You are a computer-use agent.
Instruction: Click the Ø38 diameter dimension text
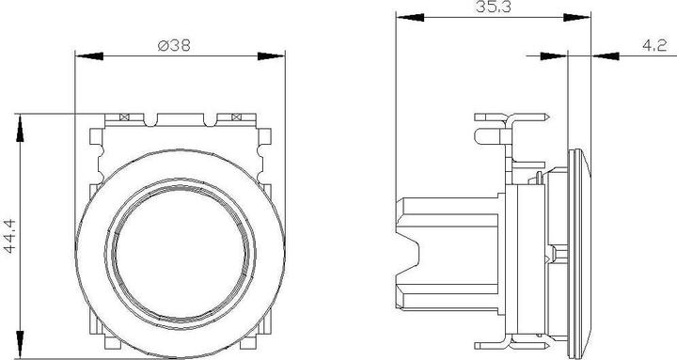coord(174,45)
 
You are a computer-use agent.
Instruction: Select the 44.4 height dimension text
coord(9,236)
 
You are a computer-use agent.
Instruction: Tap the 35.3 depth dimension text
coord(493,7)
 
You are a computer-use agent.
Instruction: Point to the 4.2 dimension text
coord(654,45)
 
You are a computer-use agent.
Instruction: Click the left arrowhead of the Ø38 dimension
coord(89,56)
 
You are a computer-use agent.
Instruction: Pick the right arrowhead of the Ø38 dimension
coord(271,56)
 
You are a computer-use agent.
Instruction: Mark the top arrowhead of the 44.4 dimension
coord(20,128)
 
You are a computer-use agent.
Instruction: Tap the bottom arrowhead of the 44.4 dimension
coord(20,344)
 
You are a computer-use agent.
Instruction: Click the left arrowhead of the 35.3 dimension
coord(410,17)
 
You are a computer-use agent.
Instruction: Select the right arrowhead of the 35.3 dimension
coord(576,17)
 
